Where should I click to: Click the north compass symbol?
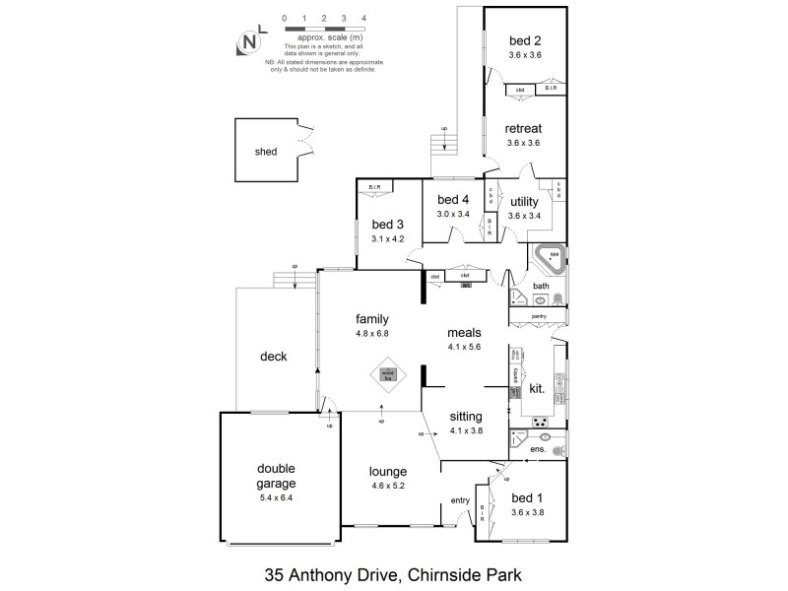pyautogui.click(x=250, y=43)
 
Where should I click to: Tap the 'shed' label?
pyautogui.click(x=266, y=152)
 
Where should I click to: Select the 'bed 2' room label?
pyautogui.click(x=525, y=40)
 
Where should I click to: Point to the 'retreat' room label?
pyautogui.click(x=524, y=129)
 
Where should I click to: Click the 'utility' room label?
pyautogui.click(x=524, y=201)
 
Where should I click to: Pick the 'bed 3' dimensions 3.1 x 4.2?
pyautogui.click(x=387, y=237)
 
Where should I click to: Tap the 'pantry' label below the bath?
pyautogui.click(x=539, y=316)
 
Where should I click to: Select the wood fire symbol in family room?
pyautogui.click(x=388, y=375)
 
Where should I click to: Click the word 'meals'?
pyautogui.click(x=463, y=332)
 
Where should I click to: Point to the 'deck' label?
pyautogui.click(x=273, y=357)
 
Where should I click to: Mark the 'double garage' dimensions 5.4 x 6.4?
pyautogui.click(x=276, y=497)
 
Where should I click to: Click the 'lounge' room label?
pyautogui.click(x=388, y=470)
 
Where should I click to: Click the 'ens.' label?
pyautogui.click(x=539, y=449)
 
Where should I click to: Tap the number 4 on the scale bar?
pyautogui.click(x=363, y=18)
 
